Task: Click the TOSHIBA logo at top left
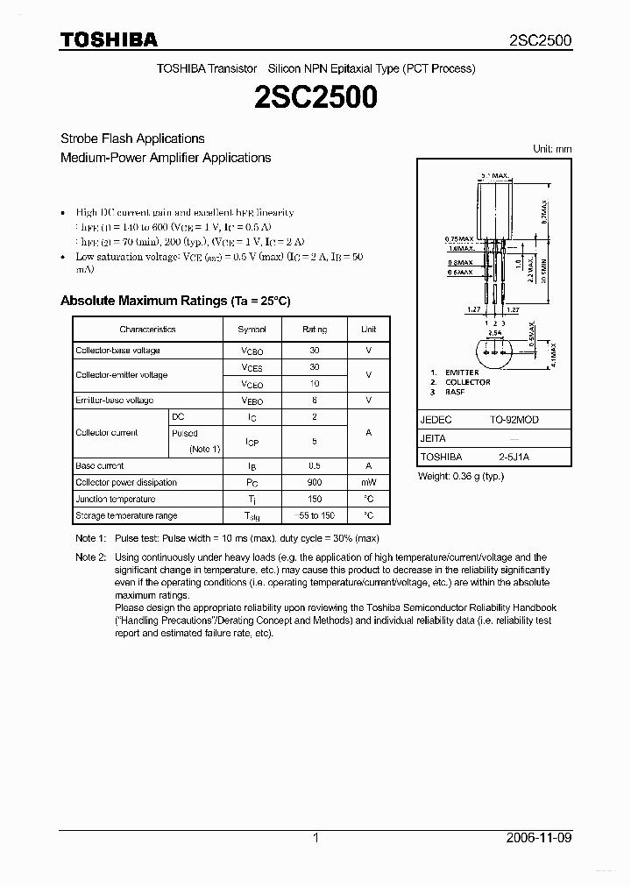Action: (109, 39)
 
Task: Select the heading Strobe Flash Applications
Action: (132, 138)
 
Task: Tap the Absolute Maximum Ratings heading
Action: (175, 301)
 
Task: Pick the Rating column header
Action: (315, 330)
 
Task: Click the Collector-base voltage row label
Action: (117, 351)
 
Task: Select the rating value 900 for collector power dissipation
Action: (315, 483)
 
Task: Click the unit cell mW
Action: (368, 483)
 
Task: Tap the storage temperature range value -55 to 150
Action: (315, 515)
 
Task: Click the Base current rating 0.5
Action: (315, 466)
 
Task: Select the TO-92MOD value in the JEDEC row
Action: (514, 420)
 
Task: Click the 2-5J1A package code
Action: (514, 457)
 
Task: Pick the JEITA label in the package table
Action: (433, 438)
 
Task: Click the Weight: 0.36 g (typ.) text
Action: (460, 476)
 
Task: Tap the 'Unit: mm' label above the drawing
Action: (552, 149)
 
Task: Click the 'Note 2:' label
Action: (90, 557)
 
